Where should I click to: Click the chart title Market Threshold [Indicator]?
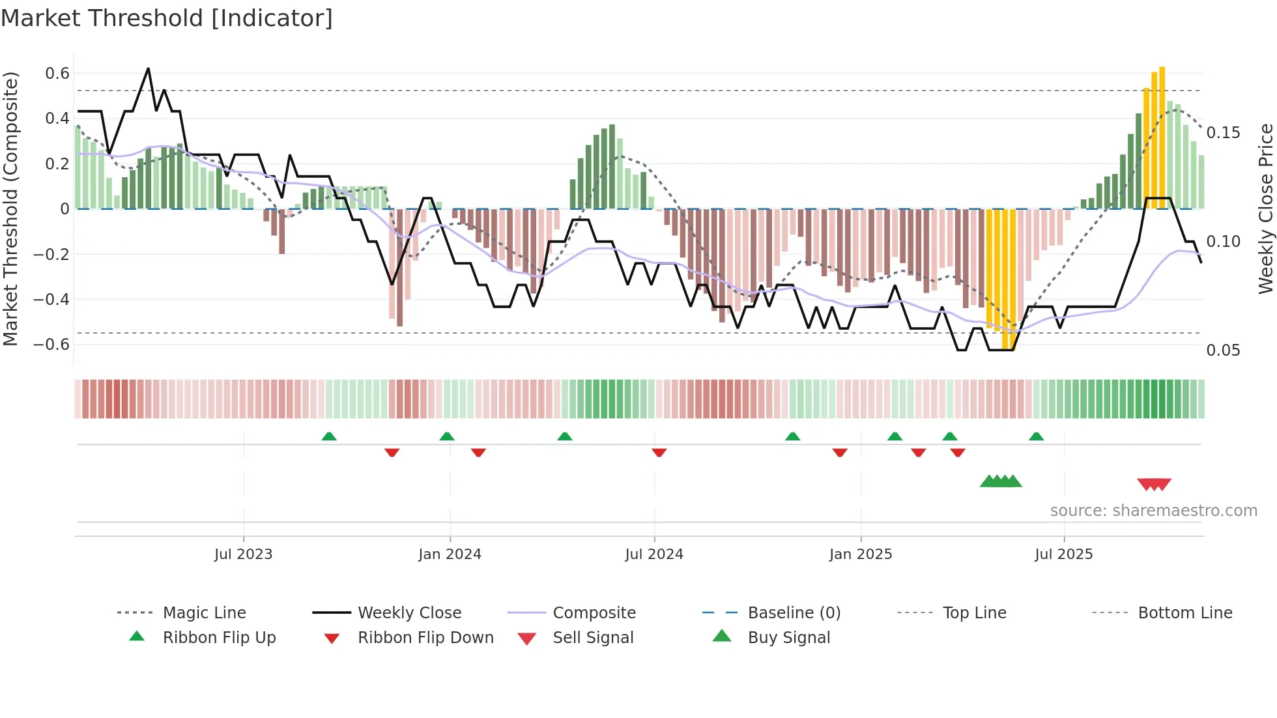coord(167,18)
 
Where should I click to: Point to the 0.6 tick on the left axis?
coord(57,74)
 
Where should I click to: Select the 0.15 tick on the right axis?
coord(1223,133)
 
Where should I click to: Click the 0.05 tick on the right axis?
coord(1223,351)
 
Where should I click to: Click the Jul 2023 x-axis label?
coord(243,554)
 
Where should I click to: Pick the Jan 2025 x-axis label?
coord(860,554)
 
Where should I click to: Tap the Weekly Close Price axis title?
coord(1265,208)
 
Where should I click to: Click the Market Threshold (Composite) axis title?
coord(10,208)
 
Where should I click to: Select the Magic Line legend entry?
coord(204,613)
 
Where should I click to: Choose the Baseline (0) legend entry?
coord(794,613)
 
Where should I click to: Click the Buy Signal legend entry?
coord(788,638)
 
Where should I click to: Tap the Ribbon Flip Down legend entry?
coord(425,638)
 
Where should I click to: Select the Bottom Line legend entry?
coord(1184,613)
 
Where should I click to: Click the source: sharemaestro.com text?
coord(1153,511)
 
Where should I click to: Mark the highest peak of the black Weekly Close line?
coord(148,68)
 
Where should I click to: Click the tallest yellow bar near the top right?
coord(1162,137)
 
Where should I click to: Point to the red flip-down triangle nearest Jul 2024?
coord(659,452)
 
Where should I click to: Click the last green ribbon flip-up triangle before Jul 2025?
coord(1036,437)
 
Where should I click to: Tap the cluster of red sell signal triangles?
coord(1154,484)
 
